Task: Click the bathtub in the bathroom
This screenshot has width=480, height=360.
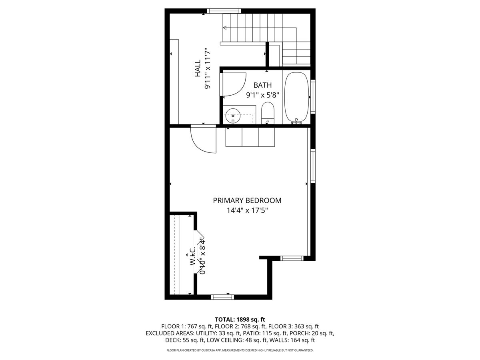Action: coord(296,98)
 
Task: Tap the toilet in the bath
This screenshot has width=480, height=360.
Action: coord(267,113)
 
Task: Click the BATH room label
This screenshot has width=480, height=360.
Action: coord(262,85)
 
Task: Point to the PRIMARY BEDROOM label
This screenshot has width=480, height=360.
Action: coord(247,200)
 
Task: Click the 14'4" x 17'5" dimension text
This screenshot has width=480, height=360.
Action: coord(247,210)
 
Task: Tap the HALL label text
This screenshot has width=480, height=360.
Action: coord(198,68)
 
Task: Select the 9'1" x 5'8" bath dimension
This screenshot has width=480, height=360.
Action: coord(262,95)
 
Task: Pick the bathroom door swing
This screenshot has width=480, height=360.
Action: coord(234,85)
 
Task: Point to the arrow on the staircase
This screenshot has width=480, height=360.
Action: coord(225,28)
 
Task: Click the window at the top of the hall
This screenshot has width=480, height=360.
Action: coord(224,11)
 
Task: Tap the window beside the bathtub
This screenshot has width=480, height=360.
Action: coord(313,98)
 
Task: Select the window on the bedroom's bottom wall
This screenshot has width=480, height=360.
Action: coord(222,297)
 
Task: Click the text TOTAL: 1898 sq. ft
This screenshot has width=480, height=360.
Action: coord(240,319)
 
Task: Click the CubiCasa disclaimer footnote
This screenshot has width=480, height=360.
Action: coord(240,350)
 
